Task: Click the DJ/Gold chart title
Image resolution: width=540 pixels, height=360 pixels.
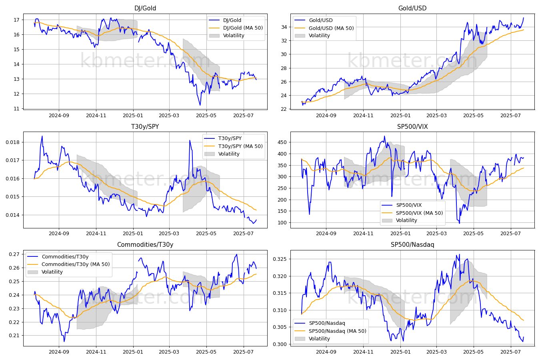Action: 145,8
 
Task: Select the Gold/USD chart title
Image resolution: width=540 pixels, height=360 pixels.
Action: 412,8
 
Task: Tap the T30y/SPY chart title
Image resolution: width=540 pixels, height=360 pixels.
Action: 145,126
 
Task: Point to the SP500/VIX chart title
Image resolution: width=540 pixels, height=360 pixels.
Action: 412,126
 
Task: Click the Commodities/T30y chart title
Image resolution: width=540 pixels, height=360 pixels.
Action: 145,245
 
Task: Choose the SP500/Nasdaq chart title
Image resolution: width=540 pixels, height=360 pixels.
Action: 412,245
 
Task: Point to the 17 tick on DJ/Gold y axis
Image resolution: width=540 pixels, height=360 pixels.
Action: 16,20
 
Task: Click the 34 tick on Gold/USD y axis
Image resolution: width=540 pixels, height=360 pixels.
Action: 284,27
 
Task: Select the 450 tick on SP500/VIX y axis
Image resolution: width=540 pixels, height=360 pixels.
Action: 282,142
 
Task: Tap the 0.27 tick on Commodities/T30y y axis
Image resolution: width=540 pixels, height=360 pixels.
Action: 14,254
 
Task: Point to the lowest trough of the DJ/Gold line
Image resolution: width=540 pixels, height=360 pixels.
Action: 200,105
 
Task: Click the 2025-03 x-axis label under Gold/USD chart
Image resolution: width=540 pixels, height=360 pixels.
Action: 436,116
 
